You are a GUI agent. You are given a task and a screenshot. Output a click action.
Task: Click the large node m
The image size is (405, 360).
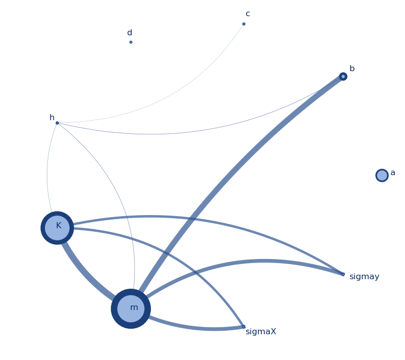tap(131, 308)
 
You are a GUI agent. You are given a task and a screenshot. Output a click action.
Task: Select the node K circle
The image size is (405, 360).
tap(57, 228)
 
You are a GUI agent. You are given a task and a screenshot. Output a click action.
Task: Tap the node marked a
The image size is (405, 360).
tap(382, 175)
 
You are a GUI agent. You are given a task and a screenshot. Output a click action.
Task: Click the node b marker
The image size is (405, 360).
tap(343, 76)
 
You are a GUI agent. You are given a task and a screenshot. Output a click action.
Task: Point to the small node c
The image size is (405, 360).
tap(244, 24)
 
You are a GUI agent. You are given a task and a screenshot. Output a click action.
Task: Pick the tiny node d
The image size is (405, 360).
tap(131, 42)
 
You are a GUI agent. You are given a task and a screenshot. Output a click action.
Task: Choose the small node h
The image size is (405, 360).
tap(57, 123)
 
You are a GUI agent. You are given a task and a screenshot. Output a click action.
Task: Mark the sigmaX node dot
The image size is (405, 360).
tap(244, 327)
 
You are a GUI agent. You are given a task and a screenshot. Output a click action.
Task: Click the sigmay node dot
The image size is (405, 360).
tap(343, 274)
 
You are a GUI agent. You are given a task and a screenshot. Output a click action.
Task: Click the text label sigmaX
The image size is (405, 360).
tap(261, 332)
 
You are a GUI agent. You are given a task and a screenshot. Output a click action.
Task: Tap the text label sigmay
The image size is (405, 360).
tap(364, 277)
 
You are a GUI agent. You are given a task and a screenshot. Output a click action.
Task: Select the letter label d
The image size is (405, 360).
tap(130, 33)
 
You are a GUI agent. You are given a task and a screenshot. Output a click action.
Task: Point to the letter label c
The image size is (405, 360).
tap(248, 14)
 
